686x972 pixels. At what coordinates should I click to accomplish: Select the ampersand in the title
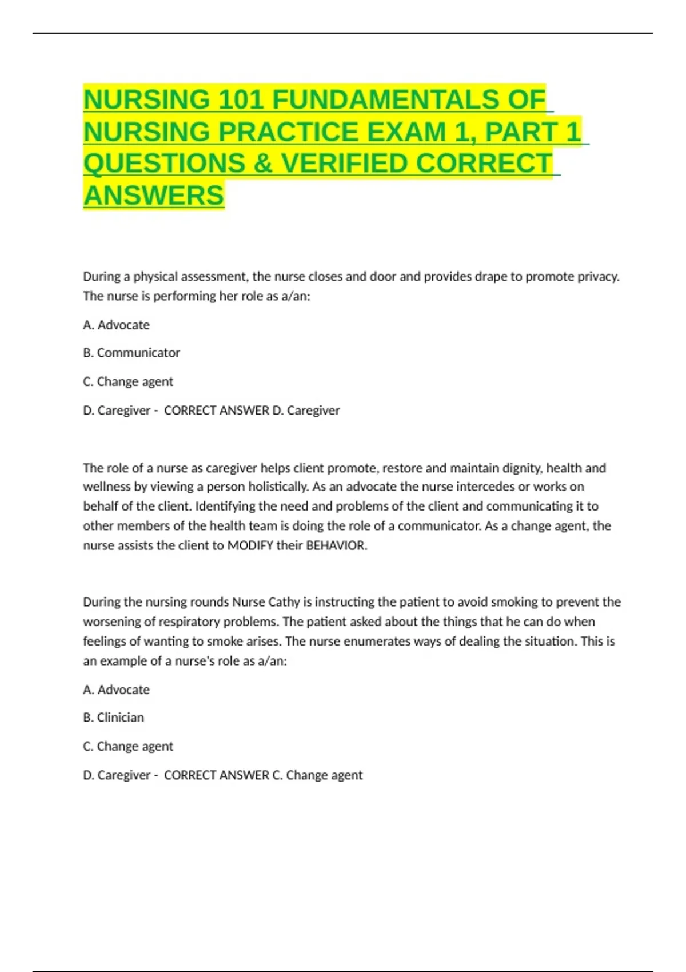(262, 164)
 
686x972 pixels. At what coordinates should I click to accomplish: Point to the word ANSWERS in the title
(154, 196)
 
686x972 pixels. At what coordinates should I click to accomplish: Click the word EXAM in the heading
(406, 132)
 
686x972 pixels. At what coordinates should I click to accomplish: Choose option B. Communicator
(131, 353)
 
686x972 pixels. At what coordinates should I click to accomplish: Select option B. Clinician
(114, 718)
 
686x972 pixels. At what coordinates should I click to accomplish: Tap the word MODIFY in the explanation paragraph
(250, 545)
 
